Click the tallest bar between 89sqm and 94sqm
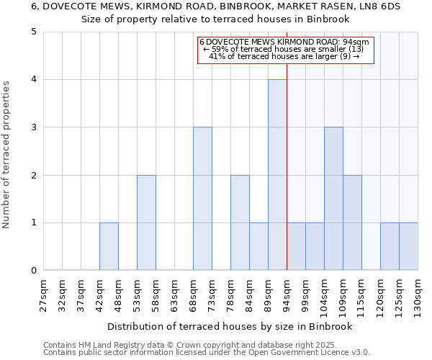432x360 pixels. click(x=277, y=175)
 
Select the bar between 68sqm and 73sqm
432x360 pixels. click(x=202, y=199)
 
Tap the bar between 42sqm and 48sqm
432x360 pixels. click(x=109, y=246)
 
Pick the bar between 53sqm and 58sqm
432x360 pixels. click(x=146, y=222)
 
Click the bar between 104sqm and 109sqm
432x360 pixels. click(x=333, y=199)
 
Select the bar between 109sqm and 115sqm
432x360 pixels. click(x=352, y=222)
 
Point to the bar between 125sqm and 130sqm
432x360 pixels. click(x=408, y=246)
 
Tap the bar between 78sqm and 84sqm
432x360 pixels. click(x=240, y=222)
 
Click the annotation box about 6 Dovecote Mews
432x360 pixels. click(x=286, y=50)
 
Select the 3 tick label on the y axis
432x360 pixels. click(x=34, y=127)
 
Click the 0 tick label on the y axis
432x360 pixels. click(x=34, y=271)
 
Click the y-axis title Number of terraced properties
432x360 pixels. click(x=7, y=155)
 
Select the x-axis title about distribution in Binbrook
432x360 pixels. click(x=230, y=327)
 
